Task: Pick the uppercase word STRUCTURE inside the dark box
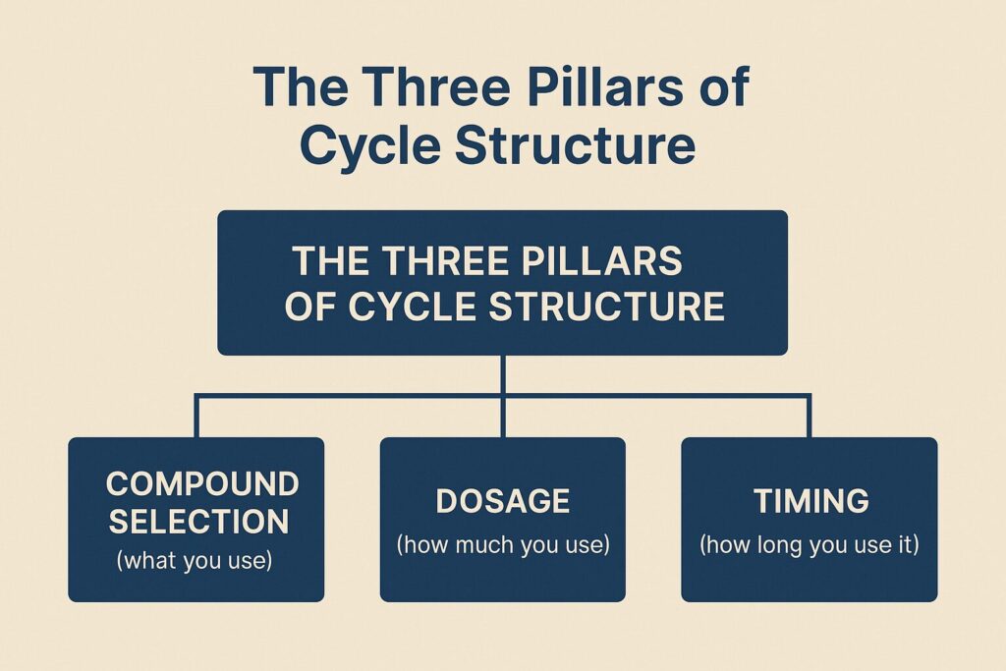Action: [607, 307]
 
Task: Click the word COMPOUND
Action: [202, 483]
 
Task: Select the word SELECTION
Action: [197, 522]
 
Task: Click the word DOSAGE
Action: [502, 501]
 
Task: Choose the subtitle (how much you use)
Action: [502, 544]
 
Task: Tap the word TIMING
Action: [810, 501]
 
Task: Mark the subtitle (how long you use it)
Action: [810, 544]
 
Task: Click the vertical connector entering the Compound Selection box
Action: [197, 418]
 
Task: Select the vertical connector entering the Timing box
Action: [809, 418]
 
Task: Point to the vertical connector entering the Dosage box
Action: [503, 418]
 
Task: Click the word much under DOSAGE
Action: [490, 544]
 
